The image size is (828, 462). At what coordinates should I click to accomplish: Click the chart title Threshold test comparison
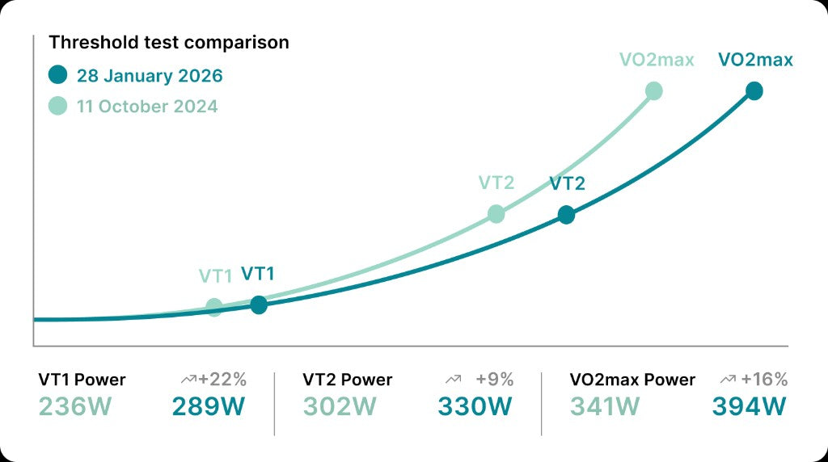169,42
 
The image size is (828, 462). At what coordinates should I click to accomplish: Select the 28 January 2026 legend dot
57,76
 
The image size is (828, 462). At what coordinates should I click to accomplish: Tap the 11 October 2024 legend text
147,107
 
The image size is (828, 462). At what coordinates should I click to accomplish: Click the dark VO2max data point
754,90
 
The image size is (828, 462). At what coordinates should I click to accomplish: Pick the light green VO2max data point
654,90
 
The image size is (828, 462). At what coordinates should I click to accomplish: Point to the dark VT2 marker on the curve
566,215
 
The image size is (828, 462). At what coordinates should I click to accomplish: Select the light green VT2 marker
496,214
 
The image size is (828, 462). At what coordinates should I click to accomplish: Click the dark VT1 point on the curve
259,304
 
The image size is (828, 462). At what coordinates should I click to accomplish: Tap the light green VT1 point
214,307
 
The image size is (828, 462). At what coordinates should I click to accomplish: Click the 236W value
74,406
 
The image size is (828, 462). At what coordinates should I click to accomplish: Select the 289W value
209,406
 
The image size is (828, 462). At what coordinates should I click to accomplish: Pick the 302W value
340,406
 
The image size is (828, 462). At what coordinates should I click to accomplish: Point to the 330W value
475,406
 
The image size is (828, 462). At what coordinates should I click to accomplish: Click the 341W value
606,406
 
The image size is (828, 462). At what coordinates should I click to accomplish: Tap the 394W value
749,406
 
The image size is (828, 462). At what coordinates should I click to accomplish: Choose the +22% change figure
222,379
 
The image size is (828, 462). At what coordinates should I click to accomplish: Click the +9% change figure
495,379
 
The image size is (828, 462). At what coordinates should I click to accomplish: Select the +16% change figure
763,379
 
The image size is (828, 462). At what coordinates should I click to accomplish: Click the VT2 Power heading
348,380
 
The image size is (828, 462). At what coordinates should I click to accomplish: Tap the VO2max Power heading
632,380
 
